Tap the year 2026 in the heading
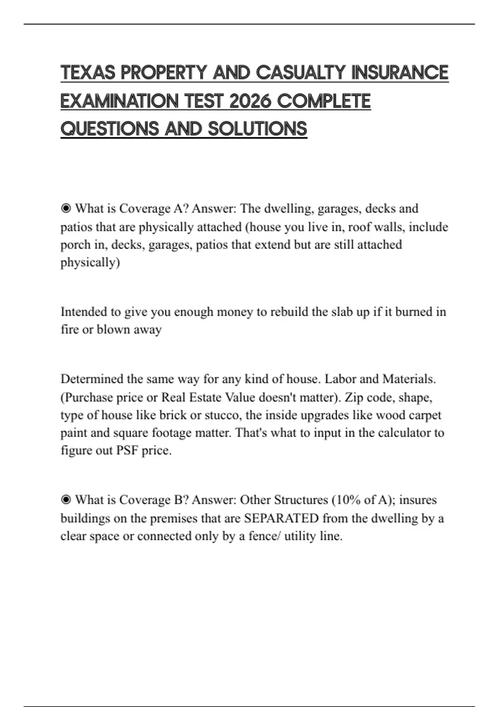click(248, 101)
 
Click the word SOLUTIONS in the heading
click(257, 129)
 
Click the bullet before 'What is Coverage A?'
click(66, 208)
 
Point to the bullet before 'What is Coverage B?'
click(66, 499)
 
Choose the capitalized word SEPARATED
click(281, 518)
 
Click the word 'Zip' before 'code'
click(353, 397)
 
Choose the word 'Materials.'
click(409, 379)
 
